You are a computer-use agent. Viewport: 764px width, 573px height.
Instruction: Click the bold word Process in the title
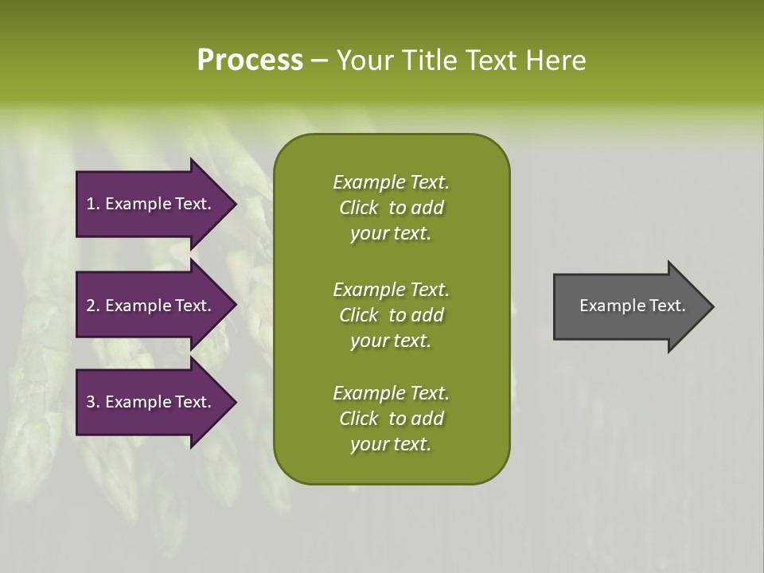tap(250, 60)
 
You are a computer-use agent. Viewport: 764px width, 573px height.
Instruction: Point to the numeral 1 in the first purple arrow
tap(90, 204)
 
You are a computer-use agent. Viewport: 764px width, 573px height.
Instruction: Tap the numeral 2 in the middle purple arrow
tap(91, 306)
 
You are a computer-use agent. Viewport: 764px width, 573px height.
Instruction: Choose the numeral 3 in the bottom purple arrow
tap(91, 402)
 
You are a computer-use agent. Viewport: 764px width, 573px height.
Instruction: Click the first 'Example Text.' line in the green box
tap(391, 182)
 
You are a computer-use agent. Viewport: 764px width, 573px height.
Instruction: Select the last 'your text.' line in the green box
tap(391, 445)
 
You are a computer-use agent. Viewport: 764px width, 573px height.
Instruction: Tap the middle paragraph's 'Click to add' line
tap(391, 315)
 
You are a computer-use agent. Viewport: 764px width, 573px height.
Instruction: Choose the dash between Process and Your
tap(319, 60)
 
